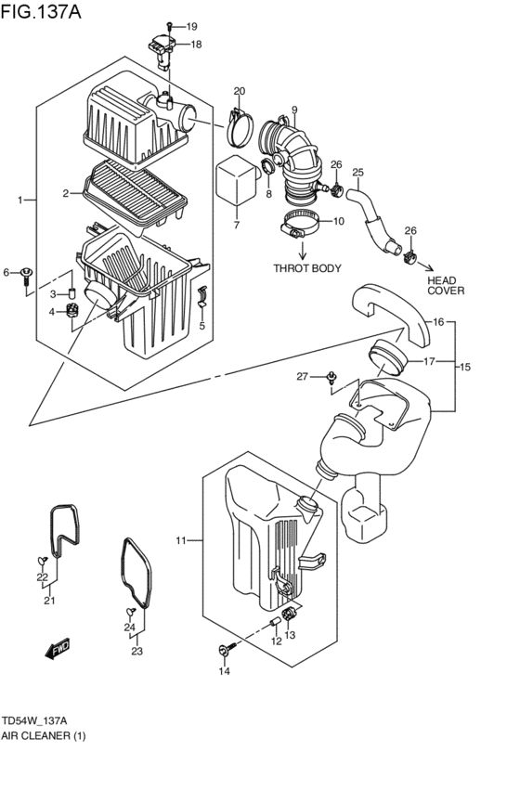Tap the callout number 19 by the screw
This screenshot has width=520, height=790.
(x=193, y=26)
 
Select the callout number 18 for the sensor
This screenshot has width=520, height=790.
(x=196, y=44)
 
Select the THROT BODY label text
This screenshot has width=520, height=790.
(x=307, y=268)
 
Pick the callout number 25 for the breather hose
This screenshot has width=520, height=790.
(x=357, y=172)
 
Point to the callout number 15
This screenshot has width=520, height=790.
(x=465, y=367)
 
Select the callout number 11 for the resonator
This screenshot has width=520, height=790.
(x=182, y=539)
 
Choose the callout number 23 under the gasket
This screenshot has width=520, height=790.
(x=136, y=651)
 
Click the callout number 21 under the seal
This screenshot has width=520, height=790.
(x=49, y=601)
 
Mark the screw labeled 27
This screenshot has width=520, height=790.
(x=331, y=377)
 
